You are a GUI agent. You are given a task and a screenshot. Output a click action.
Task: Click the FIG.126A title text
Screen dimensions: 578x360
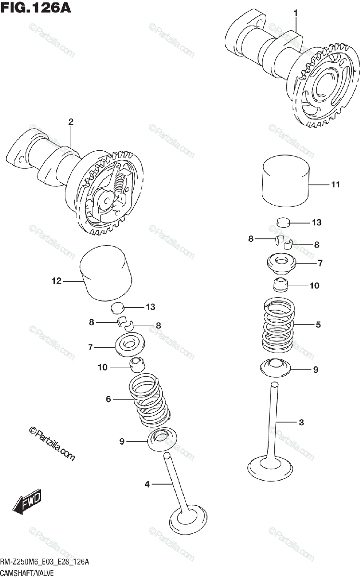coord(35,8)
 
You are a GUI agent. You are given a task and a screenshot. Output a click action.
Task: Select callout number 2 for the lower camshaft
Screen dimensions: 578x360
coord(70,122)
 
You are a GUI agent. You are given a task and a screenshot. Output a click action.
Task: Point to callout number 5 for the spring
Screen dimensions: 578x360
coord(318,325)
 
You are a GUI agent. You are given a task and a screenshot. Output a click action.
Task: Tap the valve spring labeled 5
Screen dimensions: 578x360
coord(278,324)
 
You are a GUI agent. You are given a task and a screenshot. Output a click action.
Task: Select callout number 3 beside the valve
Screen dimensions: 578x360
coord(301,423)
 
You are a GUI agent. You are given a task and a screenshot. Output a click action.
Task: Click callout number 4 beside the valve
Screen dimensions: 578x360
coord(147,484)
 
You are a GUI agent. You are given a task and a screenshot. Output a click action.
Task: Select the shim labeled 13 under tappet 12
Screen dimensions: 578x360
coord(118,308)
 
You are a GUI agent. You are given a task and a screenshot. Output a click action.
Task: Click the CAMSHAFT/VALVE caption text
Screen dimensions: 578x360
coord(27,572)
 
